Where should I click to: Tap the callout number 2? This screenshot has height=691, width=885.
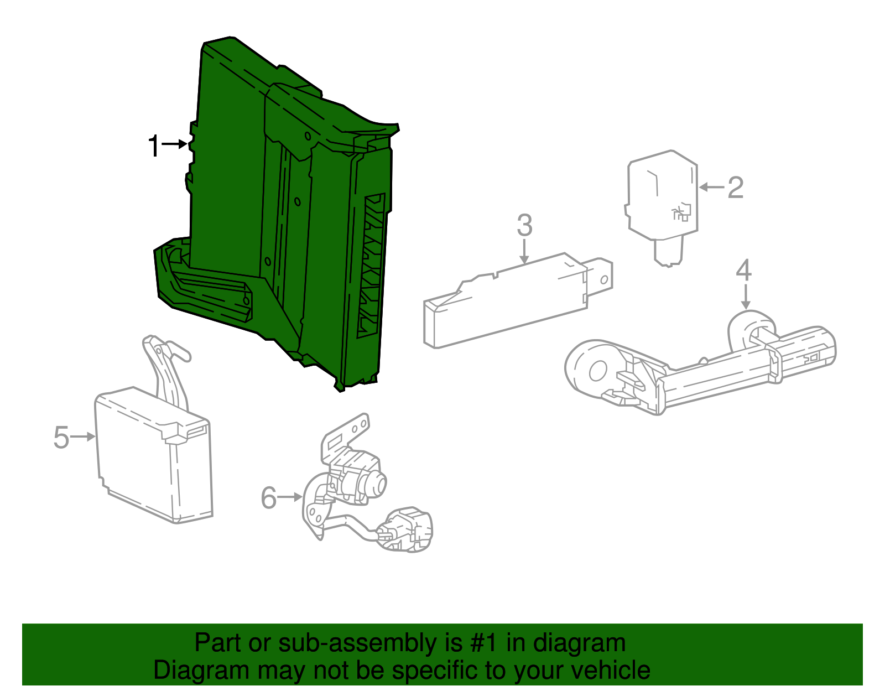coord(736,188)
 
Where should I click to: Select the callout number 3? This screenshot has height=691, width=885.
coord(524,225)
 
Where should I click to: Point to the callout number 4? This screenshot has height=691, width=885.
coord(743,271)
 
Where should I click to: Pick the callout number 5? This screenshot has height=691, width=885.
coord(61,438)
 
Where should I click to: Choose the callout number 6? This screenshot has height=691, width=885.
coord(269,497)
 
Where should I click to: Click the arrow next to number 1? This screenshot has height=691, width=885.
coord(174,144)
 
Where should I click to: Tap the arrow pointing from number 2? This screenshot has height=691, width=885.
coord(712,188)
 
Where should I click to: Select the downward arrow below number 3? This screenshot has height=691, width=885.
coord(524,252)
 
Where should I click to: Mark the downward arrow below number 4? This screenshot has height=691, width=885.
coord(745,297)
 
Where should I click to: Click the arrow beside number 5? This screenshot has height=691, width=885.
coord(83,437)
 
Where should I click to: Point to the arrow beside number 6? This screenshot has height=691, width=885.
coord(290,497)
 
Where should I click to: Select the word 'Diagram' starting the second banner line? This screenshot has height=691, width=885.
coord(201,671)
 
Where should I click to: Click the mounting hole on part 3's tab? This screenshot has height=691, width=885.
coord(604,280)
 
